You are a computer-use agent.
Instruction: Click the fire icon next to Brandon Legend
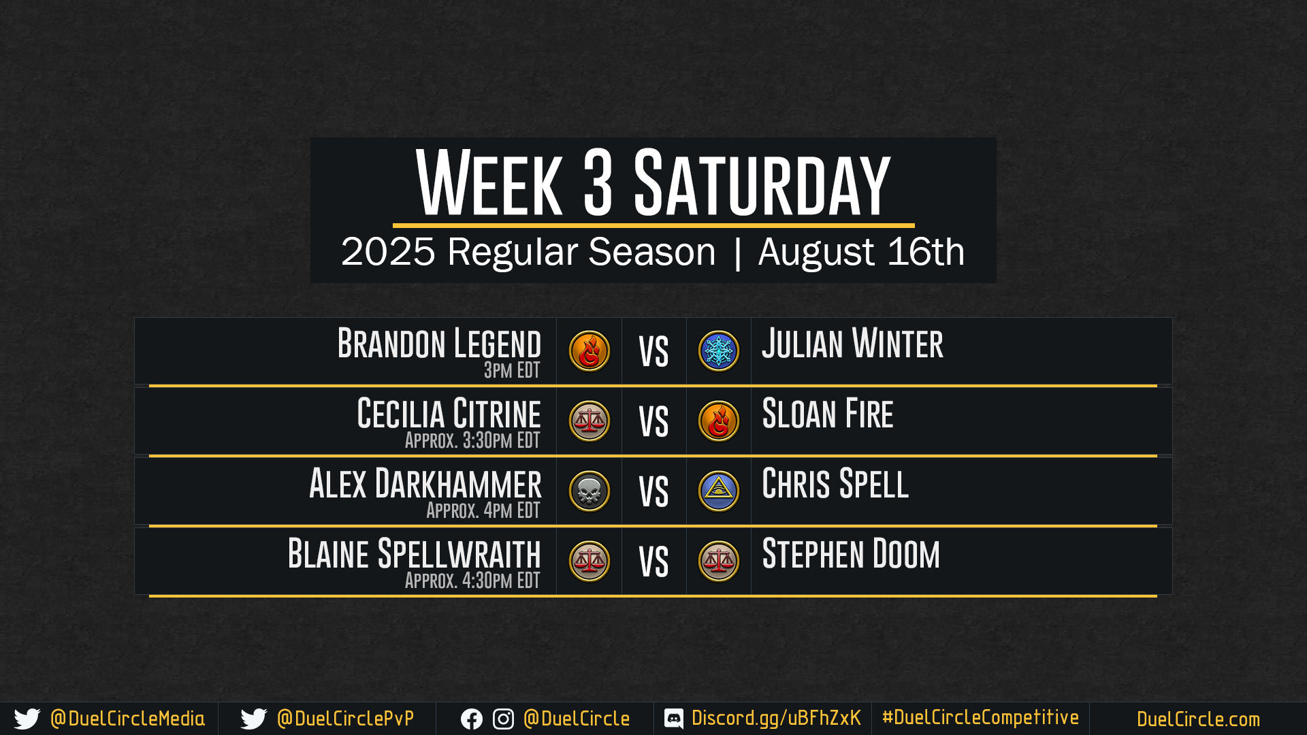pyautogui.click(x=589, y=351)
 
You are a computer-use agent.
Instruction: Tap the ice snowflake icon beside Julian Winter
pyautogui.click(x=718, y=351)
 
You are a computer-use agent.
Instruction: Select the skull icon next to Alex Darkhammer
pyautogui.click(x=589, y=491)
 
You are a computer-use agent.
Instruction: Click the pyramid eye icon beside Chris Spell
pyautogui.click(x=718, y=491)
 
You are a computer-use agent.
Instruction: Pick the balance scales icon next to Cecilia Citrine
pyautogui.click(x=589, y=421)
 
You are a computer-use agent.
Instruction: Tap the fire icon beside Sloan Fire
pyautogui.click(x=718, y=421)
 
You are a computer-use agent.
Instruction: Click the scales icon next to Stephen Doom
pyautogui.click(x=718, y=561)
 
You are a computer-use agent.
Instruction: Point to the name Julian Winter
pyautogui.click(x=852, y=344)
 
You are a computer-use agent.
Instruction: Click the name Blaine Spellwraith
pyautogui.click(x=415, y=554)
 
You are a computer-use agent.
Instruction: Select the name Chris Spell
pyautogui.click(x=835, y=484)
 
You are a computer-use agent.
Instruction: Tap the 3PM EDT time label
pyautogui.click(x=512, y=370)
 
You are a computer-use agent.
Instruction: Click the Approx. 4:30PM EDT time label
pyautogui.click(x=472, y=581)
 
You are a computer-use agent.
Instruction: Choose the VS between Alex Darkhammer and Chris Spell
pyautogui.click(x=653, y=492)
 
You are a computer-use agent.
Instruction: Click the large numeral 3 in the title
pyautogui.click(x=598, y=182)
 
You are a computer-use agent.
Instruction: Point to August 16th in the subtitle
pyautogui.click(x=861, y=252)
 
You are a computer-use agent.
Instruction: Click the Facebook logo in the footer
pyautogui.click(x=471, y=719)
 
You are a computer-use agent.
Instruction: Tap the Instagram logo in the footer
pyautogui.click(x=503, y=719)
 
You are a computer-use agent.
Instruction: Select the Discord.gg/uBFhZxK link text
pyautogui.click(x=776, y=719)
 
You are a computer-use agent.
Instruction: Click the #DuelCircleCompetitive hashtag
pyautogui.click(x=980, y=717)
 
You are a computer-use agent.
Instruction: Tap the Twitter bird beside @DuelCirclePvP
pyautogui.click(x=254, y=719)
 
